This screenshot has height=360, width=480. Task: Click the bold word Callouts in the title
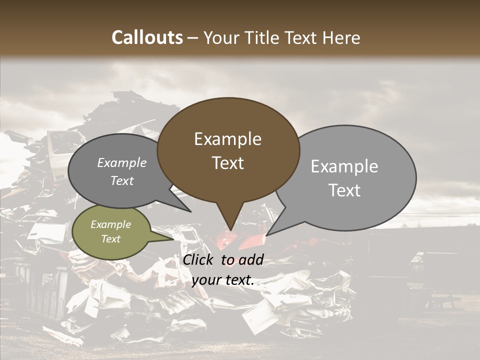click(x=147, y=37)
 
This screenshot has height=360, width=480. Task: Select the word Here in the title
click(x=340, y=37)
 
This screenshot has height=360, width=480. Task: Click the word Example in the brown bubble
click(x=227, y=139)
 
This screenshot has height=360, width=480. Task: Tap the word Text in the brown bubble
click(x=227, y=163)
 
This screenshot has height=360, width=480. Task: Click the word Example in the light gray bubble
click(x=344, y=166)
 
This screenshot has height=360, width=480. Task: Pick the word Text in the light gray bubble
click(x=344, y=190)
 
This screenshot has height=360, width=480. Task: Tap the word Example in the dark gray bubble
click(x=122, y=163)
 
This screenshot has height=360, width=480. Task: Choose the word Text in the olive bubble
click(x=111, y=239)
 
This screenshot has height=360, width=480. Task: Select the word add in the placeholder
click(x=251, y=260)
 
